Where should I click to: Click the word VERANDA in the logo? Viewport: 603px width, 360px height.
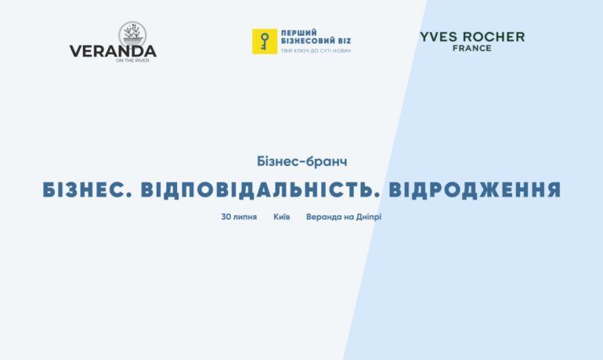tap(113, 52)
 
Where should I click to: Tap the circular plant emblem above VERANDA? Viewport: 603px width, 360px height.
tap(132, 34)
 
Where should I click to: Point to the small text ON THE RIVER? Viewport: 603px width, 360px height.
tap(132, 60)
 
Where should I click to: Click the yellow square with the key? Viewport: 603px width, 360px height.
tap(265, 41)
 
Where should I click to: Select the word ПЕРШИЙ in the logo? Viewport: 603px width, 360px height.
tap(299, 33)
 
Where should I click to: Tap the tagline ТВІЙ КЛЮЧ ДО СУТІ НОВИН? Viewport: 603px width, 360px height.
tap(316, 51)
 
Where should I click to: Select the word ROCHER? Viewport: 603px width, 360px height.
tap(494, 37)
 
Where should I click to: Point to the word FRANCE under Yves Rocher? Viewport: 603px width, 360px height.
tap(472, 48)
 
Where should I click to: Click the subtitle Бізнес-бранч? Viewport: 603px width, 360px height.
tap(301, 161)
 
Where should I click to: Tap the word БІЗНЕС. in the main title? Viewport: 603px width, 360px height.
tap(87, 190)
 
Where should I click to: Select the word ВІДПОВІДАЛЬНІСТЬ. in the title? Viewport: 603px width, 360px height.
tap(260, 190)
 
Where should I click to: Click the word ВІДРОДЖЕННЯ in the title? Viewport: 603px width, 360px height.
tap(475, 190)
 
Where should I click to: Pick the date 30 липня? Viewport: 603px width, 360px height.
tap(239, 217)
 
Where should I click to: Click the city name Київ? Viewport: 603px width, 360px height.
tap(281, 217)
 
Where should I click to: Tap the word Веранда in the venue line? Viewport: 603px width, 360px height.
tap(323, 217)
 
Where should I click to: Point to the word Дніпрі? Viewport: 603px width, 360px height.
tap(368, 217)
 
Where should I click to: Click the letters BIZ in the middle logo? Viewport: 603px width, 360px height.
tap(345, 41)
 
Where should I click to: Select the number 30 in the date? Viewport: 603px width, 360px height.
tap(226, 217)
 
